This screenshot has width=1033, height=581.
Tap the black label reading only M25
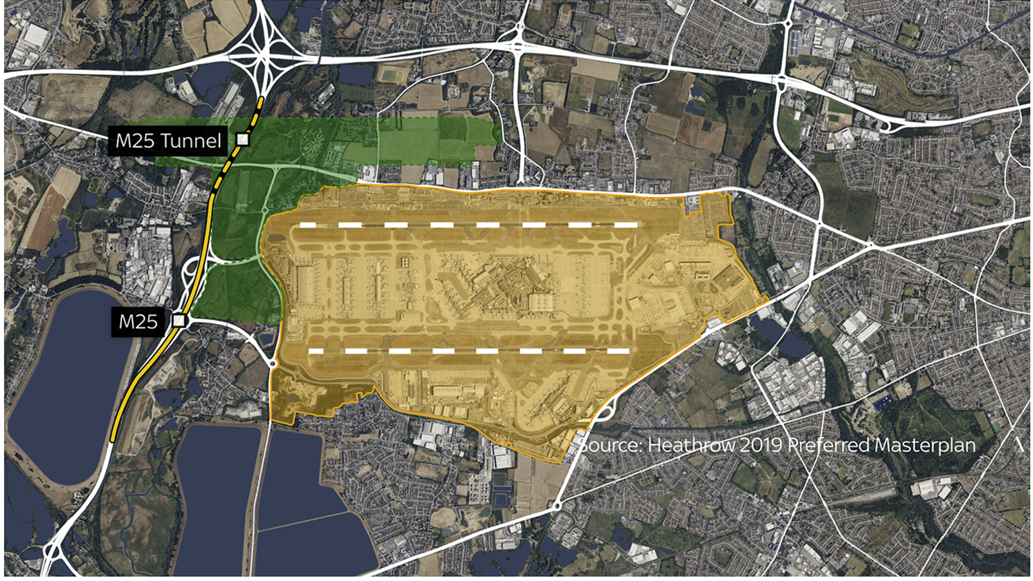(x=138, y=321)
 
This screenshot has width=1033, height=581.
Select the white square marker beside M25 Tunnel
(x=243, y=139)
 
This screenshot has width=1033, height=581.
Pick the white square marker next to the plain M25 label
(x=179, y=320)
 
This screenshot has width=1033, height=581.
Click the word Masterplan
(x=925, y=445)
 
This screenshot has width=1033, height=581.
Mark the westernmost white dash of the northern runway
(x=307, y=225)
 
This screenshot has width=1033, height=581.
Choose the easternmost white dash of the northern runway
(x=626, y=225)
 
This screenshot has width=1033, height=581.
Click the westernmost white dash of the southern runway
(x=316, y=351)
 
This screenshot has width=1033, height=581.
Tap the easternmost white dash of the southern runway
(x=618, y=351)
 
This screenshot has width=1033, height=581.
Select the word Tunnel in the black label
(x=194, y=140)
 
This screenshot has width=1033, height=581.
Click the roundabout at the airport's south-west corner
(x=273, y=364)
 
